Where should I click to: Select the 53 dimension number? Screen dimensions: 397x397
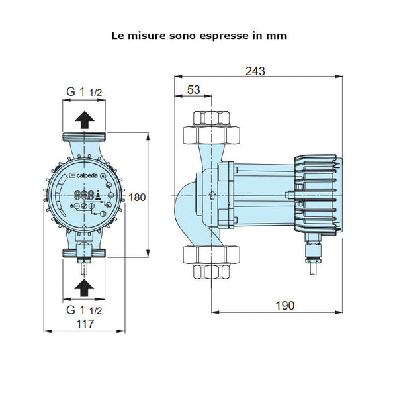click(x=194, y=89)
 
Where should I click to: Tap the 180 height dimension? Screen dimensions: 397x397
click(x=155, y=197)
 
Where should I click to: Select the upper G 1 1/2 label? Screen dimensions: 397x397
click(x=83, y=93)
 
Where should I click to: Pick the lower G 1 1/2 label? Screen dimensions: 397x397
click(x=83, y=309)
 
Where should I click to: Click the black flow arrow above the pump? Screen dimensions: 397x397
click(x=84, y=119)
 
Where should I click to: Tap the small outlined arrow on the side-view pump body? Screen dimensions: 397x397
click(x=211, y=195)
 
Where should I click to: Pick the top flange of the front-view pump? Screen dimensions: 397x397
click(x=84, y=140)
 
